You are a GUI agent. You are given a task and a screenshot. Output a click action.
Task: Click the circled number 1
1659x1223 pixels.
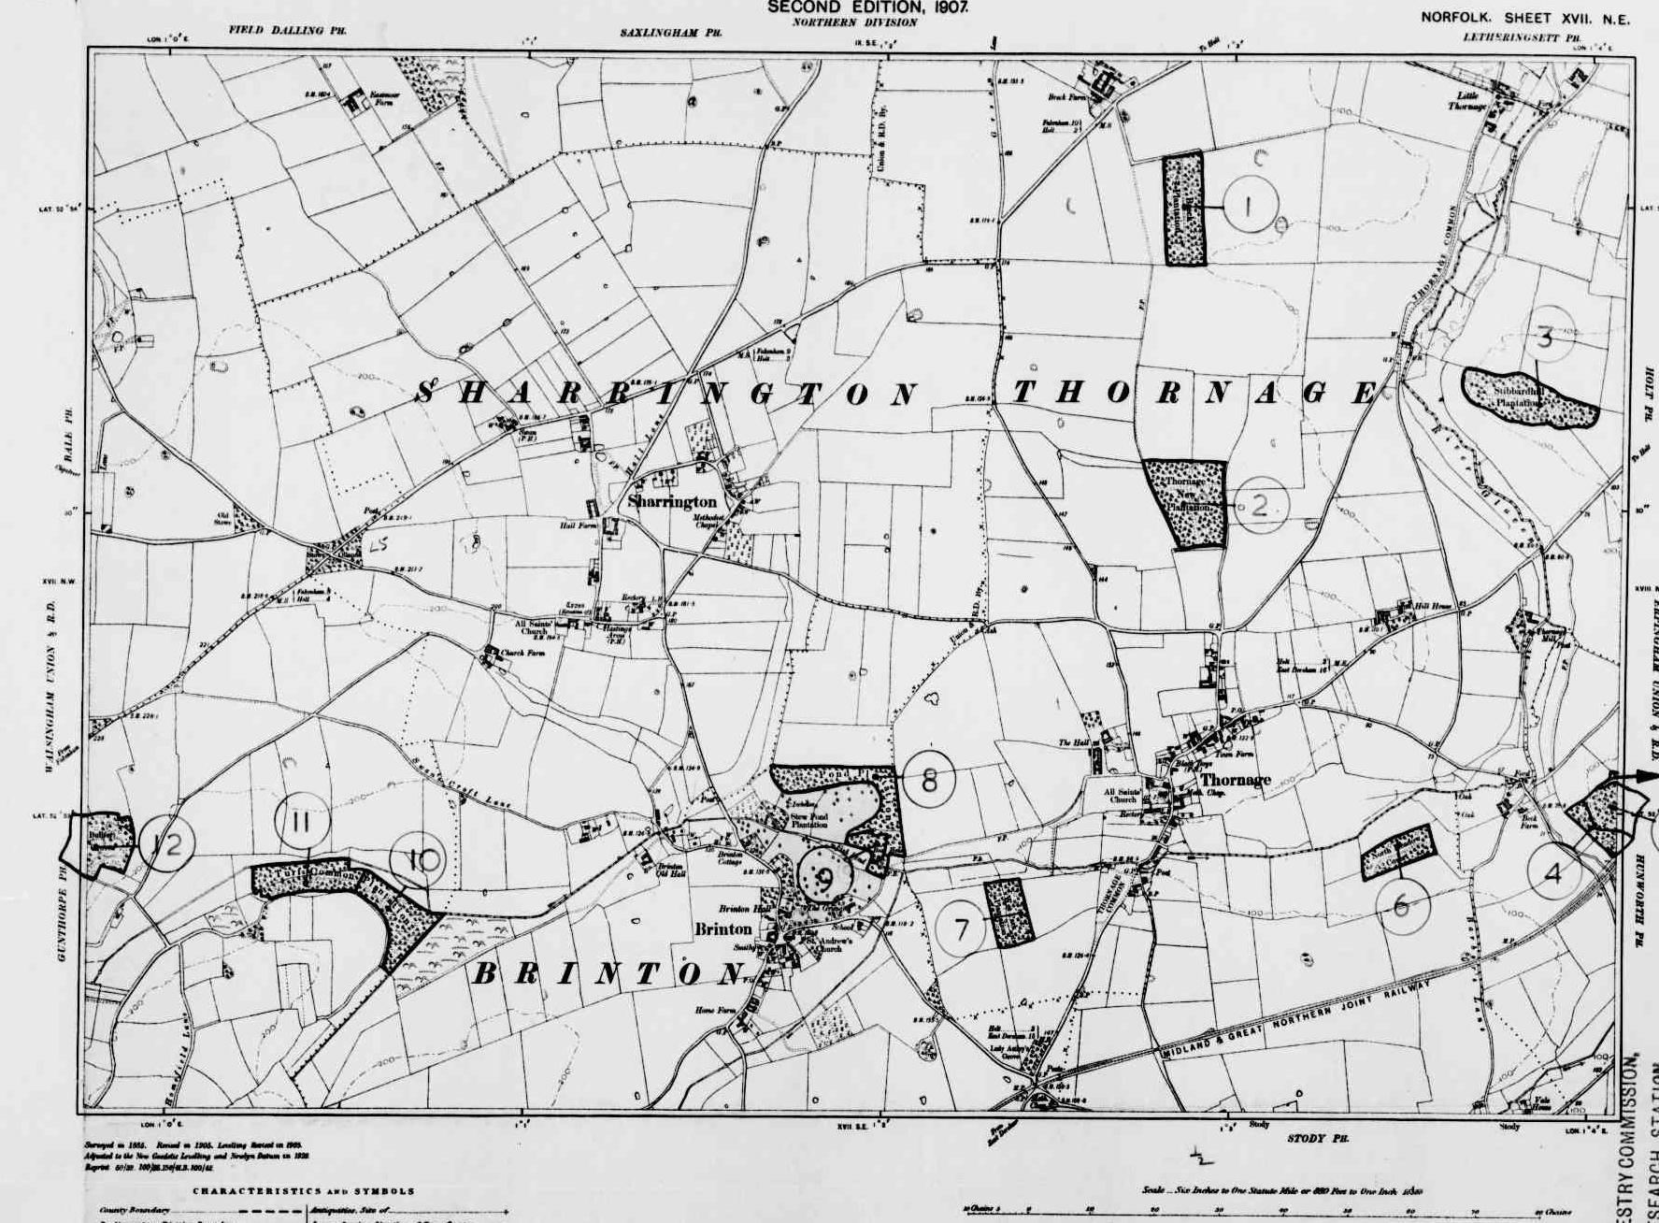click(1250, 205)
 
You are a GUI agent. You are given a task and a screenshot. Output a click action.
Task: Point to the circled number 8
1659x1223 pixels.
click(929, 779)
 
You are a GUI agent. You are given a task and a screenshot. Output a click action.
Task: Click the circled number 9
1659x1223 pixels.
click(825, 878)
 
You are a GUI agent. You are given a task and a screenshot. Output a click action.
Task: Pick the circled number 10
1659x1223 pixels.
click(424, 859)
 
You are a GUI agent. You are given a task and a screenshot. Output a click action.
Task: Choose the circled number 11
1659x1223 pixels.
click(300, 823)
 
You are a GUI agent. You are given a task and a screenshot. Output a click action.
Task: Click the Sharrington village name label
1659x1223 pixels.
click(673, 502)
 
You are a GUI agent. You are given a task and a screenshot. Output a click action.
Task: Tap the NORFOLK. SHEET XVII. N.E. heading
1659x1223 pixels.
click(1524, 18)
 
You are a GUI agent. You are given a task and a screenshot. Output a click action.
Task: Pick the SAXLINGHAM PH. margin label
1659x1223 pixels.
click(672, 32)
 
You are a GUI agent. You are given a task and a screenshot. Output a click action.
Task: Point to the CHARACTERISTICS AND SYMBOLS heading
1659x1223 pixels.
click(304, 1191)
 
